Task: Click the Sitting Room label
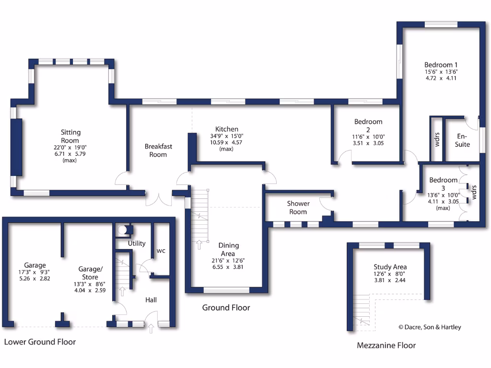[70, 137]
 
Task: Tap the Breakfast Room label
[158, 150]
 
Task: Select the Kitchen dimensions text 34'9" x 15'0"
[226, 136]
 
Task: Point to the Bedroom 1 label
[441, 65]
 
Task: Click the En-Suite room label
[462, 140]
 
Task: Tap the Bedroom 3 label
[444, 180]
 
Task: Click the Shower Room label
[298, 207]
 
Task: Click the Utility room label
[137, 243]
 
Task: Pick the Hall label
[151, 300]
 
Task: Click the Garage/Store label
[90, 273]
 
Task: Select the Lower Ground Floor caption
[40, 342]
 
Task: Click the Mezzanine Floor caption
[386, 345]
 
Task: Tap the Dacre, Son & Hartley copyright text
[430, 327]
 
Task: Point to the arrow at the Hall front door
[152, 329]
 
